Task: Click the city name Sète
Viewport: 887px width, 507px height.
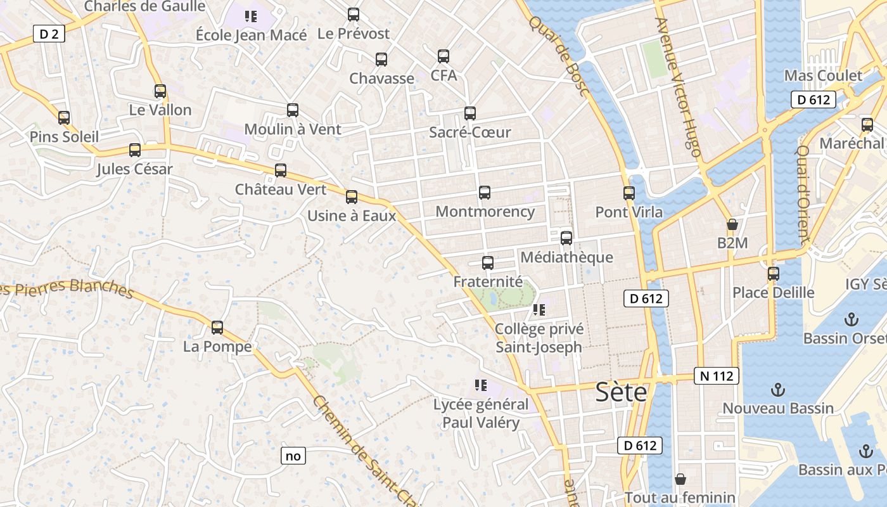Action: point(622,392)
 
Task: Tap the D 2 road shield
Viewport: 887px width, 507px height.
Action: point(49,34)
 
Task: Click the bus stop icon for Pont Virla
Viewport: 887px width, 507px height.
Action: point(629,193)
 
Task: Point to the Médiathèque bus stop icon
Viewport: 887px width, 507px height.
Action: point(566,238)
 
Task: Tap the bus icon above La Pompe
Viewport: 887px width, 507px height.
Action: point(217,328)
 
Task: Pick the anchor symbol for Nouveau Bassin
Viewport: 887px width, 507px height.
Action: point(777,389)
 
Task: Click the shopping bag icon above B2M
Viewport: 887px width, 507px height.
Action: point(732,224)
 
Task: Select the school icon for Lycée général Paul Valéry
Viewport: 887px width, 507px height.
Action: point(480,385)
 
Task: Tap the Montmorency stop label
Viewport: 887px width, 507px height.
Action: point(485,212)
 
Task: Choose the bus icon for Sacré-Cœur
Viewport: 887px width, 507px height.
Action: point(470,113)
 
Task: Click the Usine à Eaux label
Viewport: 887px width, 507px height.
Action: point(352,215)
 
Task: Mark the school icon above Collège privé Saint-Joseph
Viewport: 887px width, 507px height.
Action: point(539,310)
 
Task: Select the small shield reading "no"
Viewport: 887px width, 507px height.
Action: point(293,456)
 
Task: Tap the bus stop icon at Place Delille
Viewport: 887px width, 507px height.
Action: point(774,274)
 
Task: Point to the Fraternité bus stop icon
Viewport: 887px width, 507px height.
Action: point(488,263)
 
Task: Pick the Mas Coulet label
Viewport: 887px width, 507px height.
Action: point(823,76)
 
